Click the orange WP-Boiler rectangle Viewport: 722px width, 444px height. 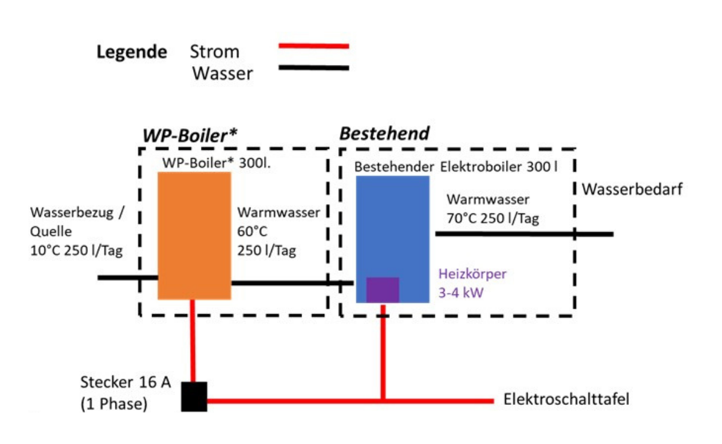[x=194, y=235]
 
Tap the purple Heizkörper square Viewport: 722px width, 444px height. [x=383, y=289]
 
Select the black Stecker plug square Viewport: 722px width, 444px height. [x=194, y=396]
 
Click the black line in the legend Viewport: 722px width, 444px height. [x=314, y=68]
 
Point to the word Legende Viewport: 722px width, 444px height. [x=132, y=52]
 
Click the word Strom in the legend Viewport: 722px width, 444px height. [x=214, y=52]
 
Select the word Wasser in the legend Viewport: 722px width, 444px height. [x=223, y=74]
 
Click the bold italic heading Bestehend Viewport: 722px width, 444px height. [x=385, y=134]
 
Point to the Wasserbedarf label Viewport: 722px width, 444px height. [x=632, y=190]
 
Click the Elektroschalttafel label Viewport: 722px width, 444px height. [x=566, y=399]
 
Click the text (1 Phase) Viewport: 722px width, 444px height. [x=114, y=404]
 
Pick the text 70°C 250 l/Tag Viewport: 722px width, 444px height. [x=493, y=218]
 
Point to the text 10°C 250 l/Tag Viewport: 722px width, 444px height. [x=76, y=250]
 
